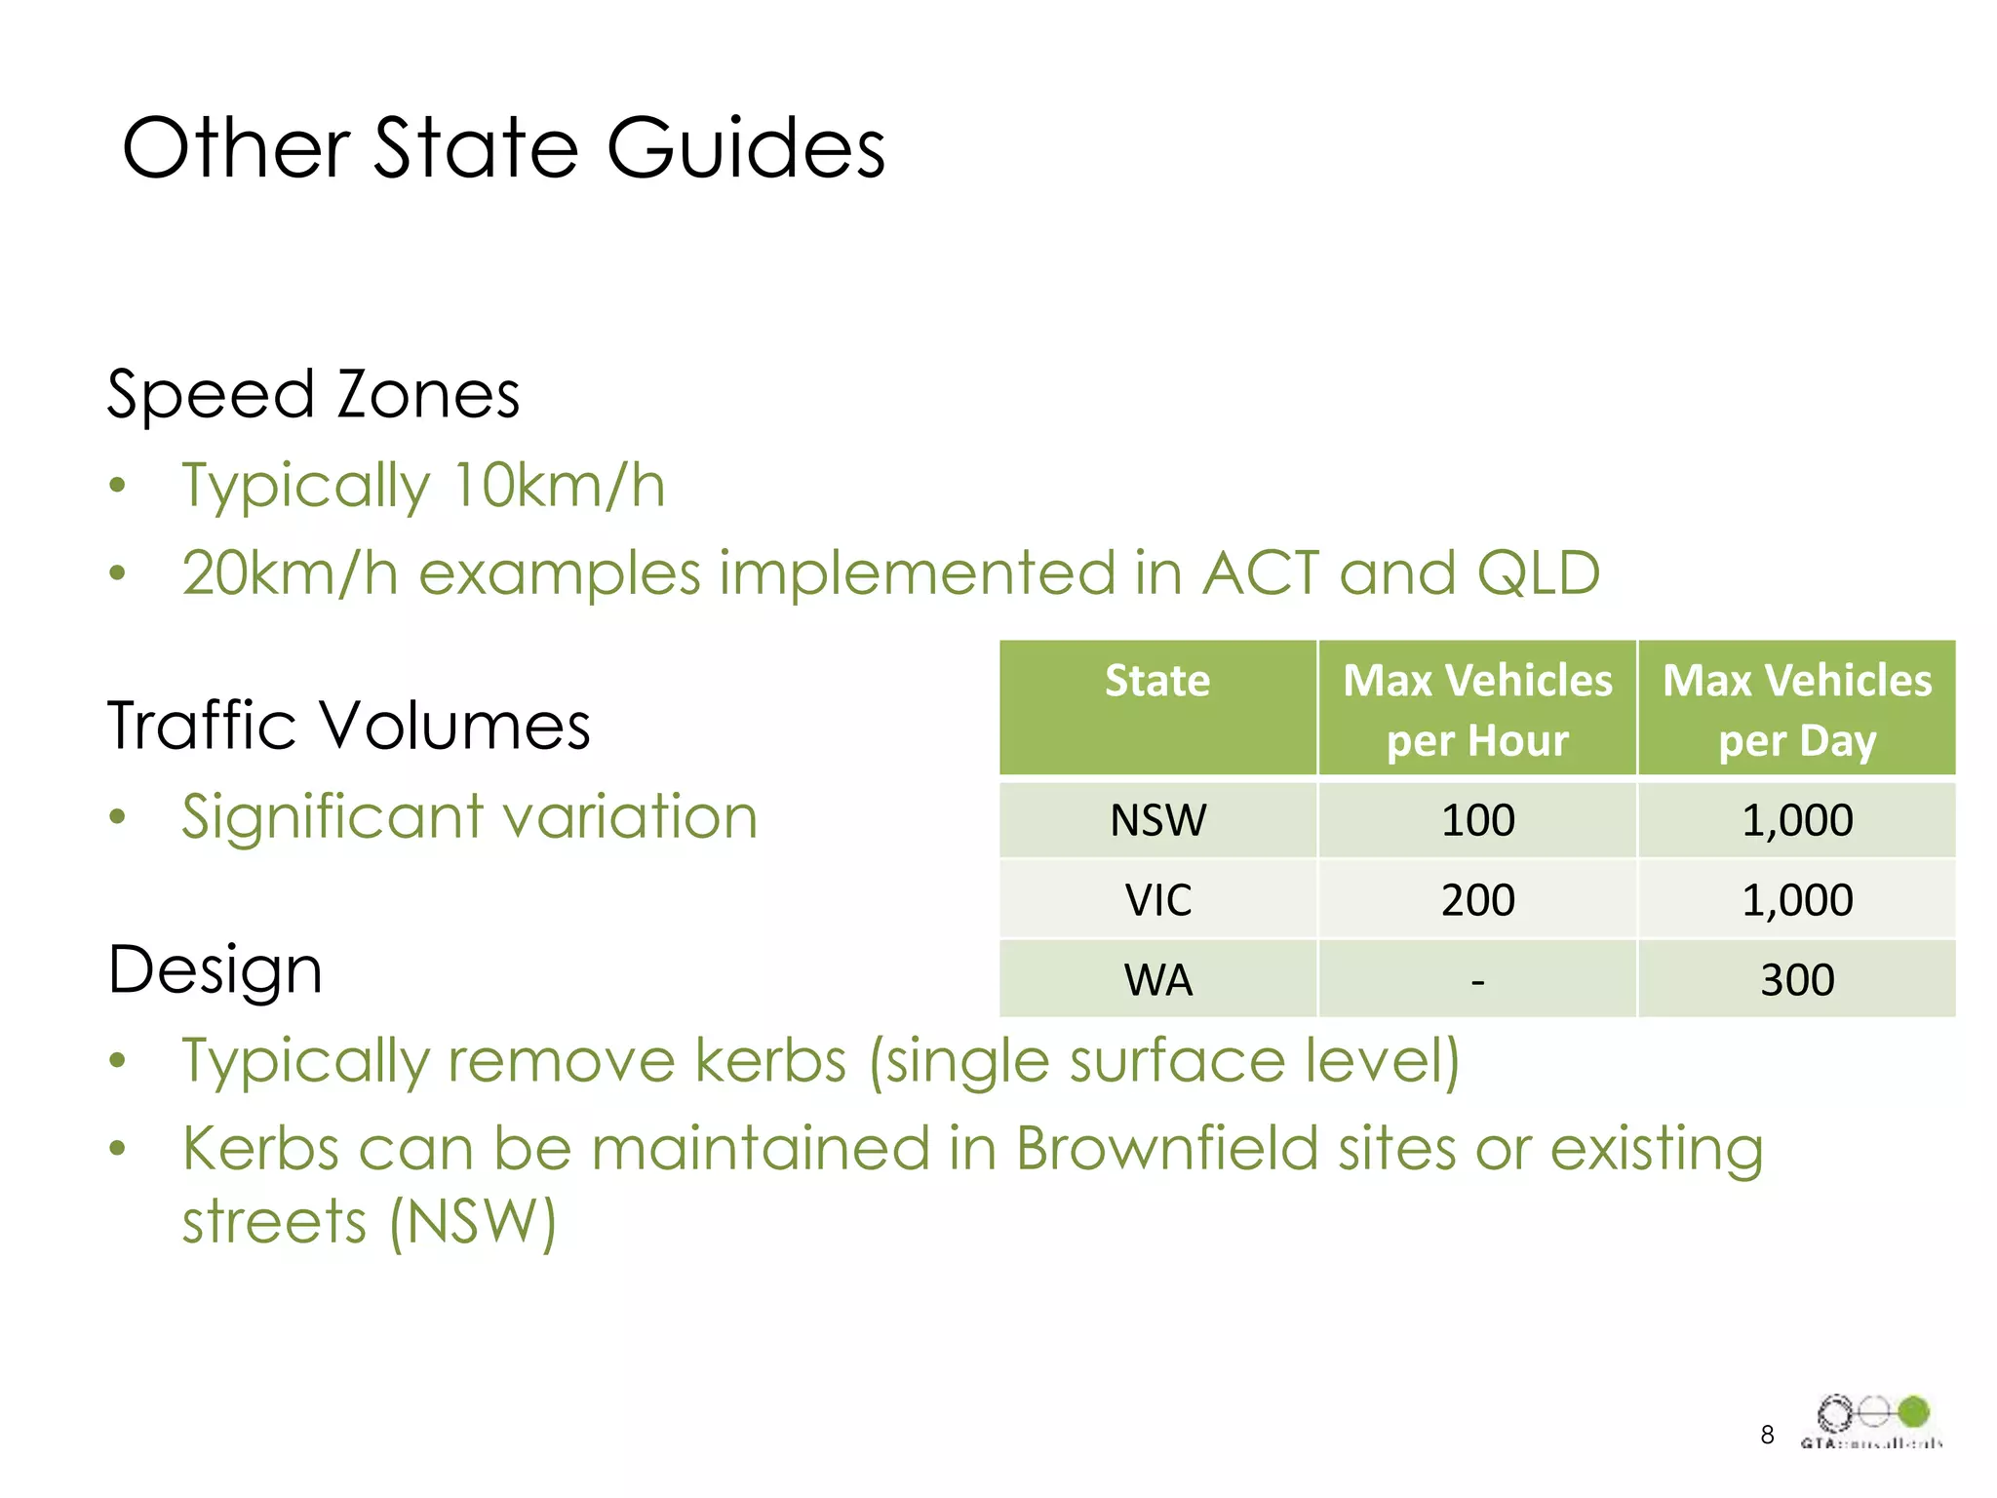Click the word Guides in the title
click(745, 148)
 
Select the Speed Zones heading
click(312, 395)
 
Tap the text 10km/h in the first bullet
click(559, 485)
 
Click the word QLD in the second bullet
click(1538, 572)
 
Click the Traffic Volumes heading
click(348, 726)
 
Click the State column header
click(1157, 681)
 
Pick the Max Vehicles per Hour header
click(1477, 709)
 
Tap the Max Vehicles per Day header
click(1797, 709)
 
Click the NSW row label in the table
click(1157, 820)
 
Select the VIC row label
click(1157, 900)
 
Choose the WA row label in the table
click(1157, 980)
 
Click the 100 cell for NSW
click(1477, 820)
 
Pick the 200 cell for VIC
click(1477, 900)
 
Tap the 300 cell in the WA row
click(1797, 980)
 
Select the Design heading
click(215, 970)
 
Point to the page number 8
click(1767, 1435)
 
